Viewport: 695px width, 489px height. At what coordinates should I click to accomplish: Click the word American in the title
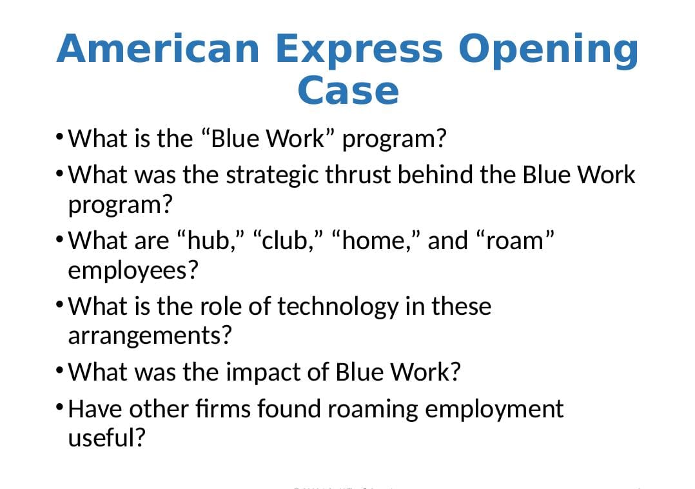pos(158,49)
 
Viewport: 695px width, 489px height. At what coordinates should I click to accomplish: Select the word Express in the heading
pos(358,49)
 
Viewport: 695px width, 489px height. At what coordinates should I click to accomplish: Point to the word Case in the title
pos(347,90)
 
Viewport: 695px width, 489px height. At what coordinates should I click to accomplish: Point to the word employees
pos(132,271)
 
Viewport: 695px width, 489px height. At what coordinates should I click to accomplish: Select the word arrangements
pos(149,336)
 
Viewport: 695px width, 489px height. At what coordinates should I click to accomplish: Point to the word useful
pos(106,439)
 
